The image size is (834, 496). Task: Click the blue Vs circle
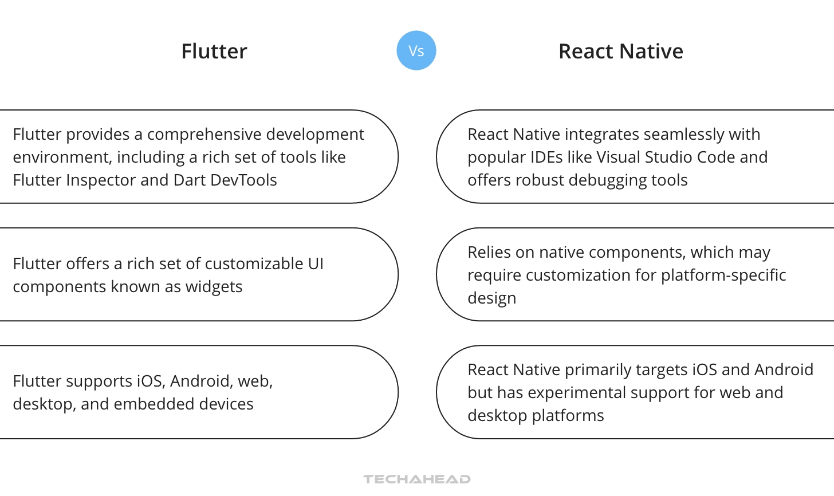click(x=416, y=50)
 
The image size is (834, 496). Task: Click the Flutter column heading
click(x=214, y=52)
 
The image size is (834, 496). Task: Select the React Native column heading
click(x=620, y=52)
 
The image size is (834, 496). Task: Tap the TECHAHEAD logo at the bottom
click(x=417, y=479)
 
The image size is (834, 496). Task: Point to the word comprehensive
click(x=198, y=135)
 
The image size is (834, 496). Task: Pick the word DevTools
click(x=243, y=180)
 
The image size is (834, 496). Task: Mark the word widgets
click(x=214, y=287)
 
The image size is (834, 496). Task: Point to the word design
click(x=491, y=298)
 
